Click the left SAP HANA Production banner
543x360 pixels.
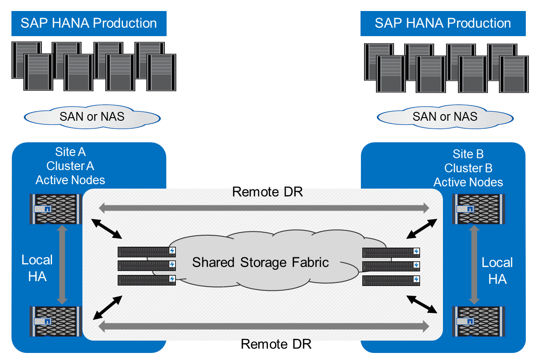click(89, 23)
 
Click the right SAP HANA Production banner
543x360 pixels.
click(443, 23)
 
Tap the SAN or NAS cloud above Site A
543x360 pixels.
click(92, 117)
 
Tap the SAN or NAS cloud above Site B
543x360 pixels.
click(445, 117)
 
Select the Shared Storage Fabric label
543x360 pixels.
click(260, 263)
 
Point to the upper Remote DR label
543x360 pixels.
click(268, 192)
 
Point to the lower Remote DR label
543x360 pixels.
click(276, 344)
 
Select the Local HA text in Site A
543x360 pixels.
click(37, 268)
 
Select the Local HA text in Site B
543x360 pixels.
click(497, 271)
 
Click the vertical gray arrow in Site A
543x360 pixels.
click(62, 264)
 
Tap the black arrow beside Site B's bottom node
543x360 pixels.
click(422, 304)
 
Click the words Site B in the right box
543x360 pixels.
click(468, 154)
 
